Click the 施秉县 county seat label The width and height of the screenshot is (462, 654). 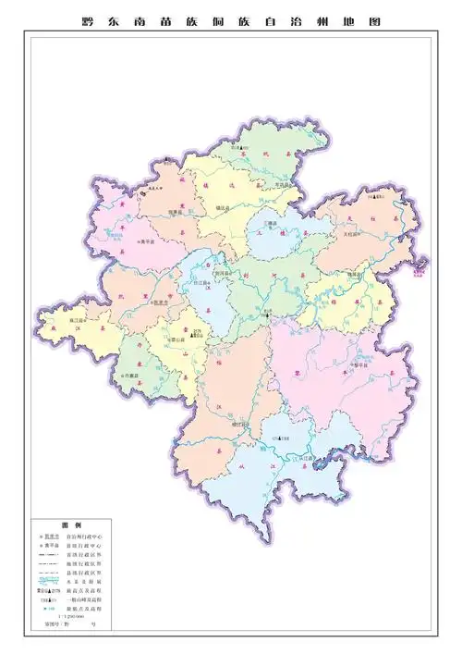click(x=176, y=212)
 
